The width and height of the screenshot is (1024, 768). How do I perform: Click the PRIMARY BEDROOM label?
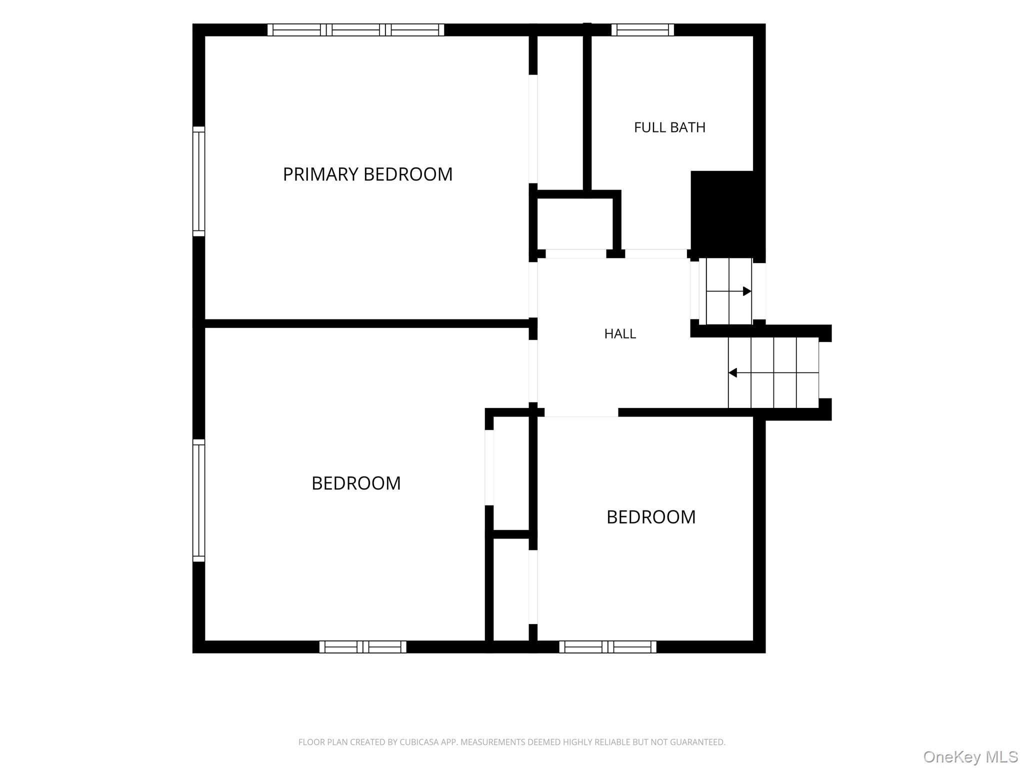click(367, 174)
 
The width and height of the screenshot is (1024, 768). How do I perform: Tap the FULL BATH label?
click(669, 127)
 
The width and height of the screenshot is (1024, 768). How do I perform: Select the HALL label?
click(620, 333)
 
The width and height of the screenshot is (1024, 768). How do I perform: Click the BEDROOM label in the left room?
click(356, 483)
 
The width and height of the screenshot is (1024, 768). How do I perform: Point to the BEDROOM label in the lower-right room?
click(651, 517)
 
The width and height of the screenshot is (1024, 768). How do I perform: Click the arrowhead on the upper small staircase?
click(747, 291)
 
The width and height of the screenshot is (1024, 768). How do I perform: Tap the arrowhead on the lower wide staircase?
click(732, 372)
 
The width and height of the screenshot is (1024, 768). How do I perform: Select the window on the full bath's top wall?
click(642, 30)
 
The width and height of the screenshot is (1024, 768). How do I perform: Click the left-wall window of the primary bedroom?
click(199, 181)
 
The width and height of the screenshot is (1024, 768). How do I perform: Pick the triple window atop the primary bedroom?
click(355, 30)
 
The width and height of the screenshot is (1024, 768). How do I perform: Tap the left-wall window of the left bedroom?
click(199, 500)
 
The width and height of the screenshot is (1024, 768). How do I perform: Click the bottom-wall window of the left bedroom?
click(363, 647)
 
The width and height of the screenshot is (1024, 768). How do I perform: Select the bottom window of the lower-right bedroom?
click(607, 647)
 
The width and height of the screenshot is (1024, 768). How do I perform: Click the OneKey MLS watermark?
click(970, 756)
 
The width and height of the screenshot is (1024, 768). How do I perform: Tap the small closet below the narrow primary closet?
click(575, 223)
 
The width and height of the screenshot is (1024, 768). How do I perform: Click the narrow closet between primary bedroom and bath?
click(560, 113)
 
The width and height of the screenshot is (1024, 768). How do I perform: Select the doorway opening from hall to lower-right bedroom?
click(581, 412)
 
